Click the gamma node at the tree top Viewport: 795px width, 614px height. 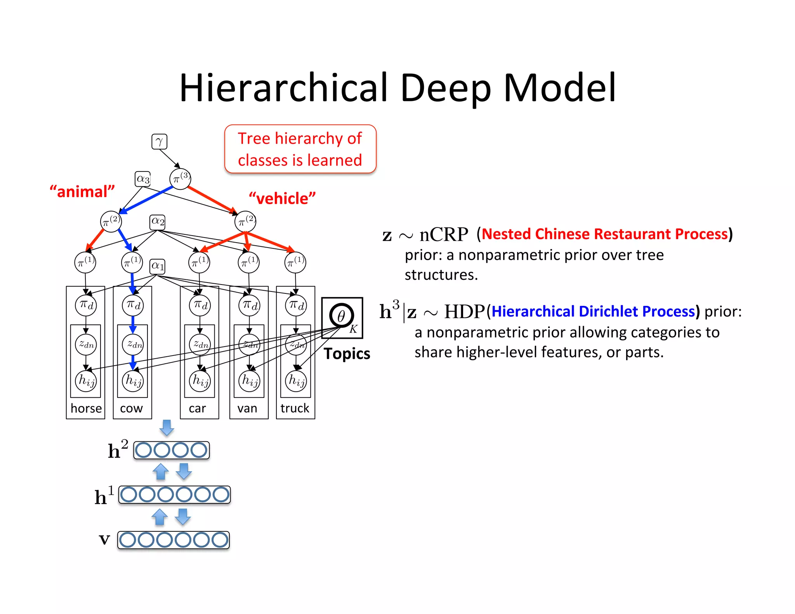159,142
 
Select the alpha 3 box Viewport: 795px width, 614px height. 142,179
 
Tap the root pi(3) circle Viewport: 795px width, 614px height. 180,179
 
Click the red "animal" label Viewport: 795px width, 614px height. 82,192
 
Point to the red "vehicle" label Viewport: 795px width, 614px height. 282,198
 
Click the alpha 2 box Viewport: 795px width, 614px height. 158,222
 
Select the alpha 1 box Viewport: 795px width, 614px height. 158,266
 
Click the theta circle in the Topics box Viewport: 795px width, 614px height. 341,316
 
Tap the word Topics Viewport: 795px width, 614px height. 347,354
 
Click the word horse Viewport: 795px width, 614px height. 86,408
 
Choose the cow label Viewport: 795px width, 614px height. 131,408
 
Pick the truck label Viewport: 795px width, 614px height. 295,408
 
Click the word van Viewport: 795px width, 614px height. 247,408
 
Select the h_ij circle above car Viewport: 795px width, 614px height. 200,381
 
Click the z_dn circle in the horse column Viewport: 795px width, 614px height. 86,344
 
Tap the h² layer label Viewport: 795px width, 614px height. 117,450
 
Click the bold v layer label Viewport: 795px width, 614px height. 104,539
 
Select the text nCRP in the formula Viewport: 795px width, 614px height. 444,234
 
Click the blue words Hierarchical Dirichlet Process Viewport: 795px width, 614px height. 593,311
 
